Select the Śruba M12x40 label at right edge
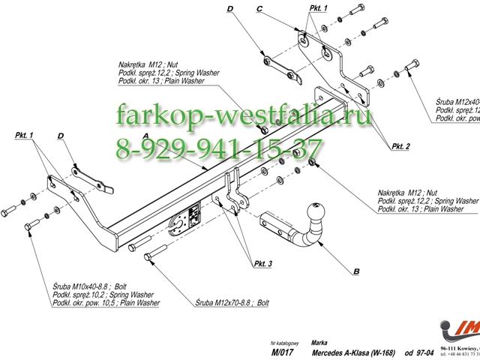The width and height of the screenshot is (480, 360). [x=457, y=100]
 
